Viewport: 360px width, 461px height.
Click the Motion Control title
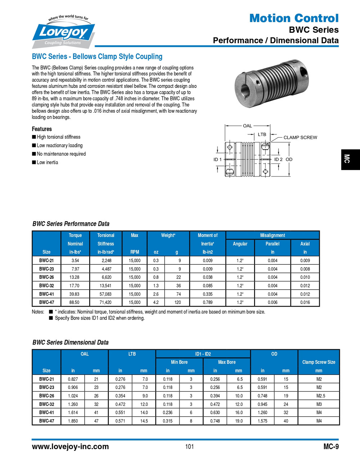[x=294, y=18]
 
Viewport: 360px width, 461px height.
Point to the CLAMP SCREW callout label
[x=300, y=137]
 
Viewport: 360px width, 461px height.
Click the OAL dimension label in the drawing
[x=247, y=126]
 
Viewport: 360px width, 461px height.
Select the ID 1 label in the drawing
[x=217, y=159]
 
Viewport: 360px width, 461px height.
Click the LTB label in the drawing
[x=262, y=134]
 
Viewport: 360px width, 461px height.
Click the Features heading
[x=42, y=129]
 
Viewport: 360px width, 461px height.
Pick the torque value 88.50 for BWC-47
[x=75, y=303]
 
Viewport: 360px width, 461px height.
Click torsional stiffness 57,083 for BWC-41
[x=106, y=294]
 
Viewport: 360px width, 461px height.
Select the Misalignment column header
[x=273, y=235]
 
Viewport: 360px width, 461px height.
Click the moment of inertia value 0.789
[x=207, y=303]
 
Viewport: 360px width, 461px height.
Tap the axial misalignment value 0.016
[x=305, y=303]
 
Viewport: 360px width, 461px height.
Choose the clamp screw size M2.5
[x=319, y=396]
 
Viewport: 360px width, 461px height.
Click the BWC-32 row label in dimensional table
[x=46, y=404]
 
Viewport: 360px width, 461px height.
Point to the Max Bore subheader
[x=227, y=362]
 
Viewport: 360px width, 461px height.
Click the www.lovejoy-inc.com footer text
[x=70, y=447]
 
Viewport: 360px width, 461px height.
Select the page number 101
[x=189, y=447]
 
